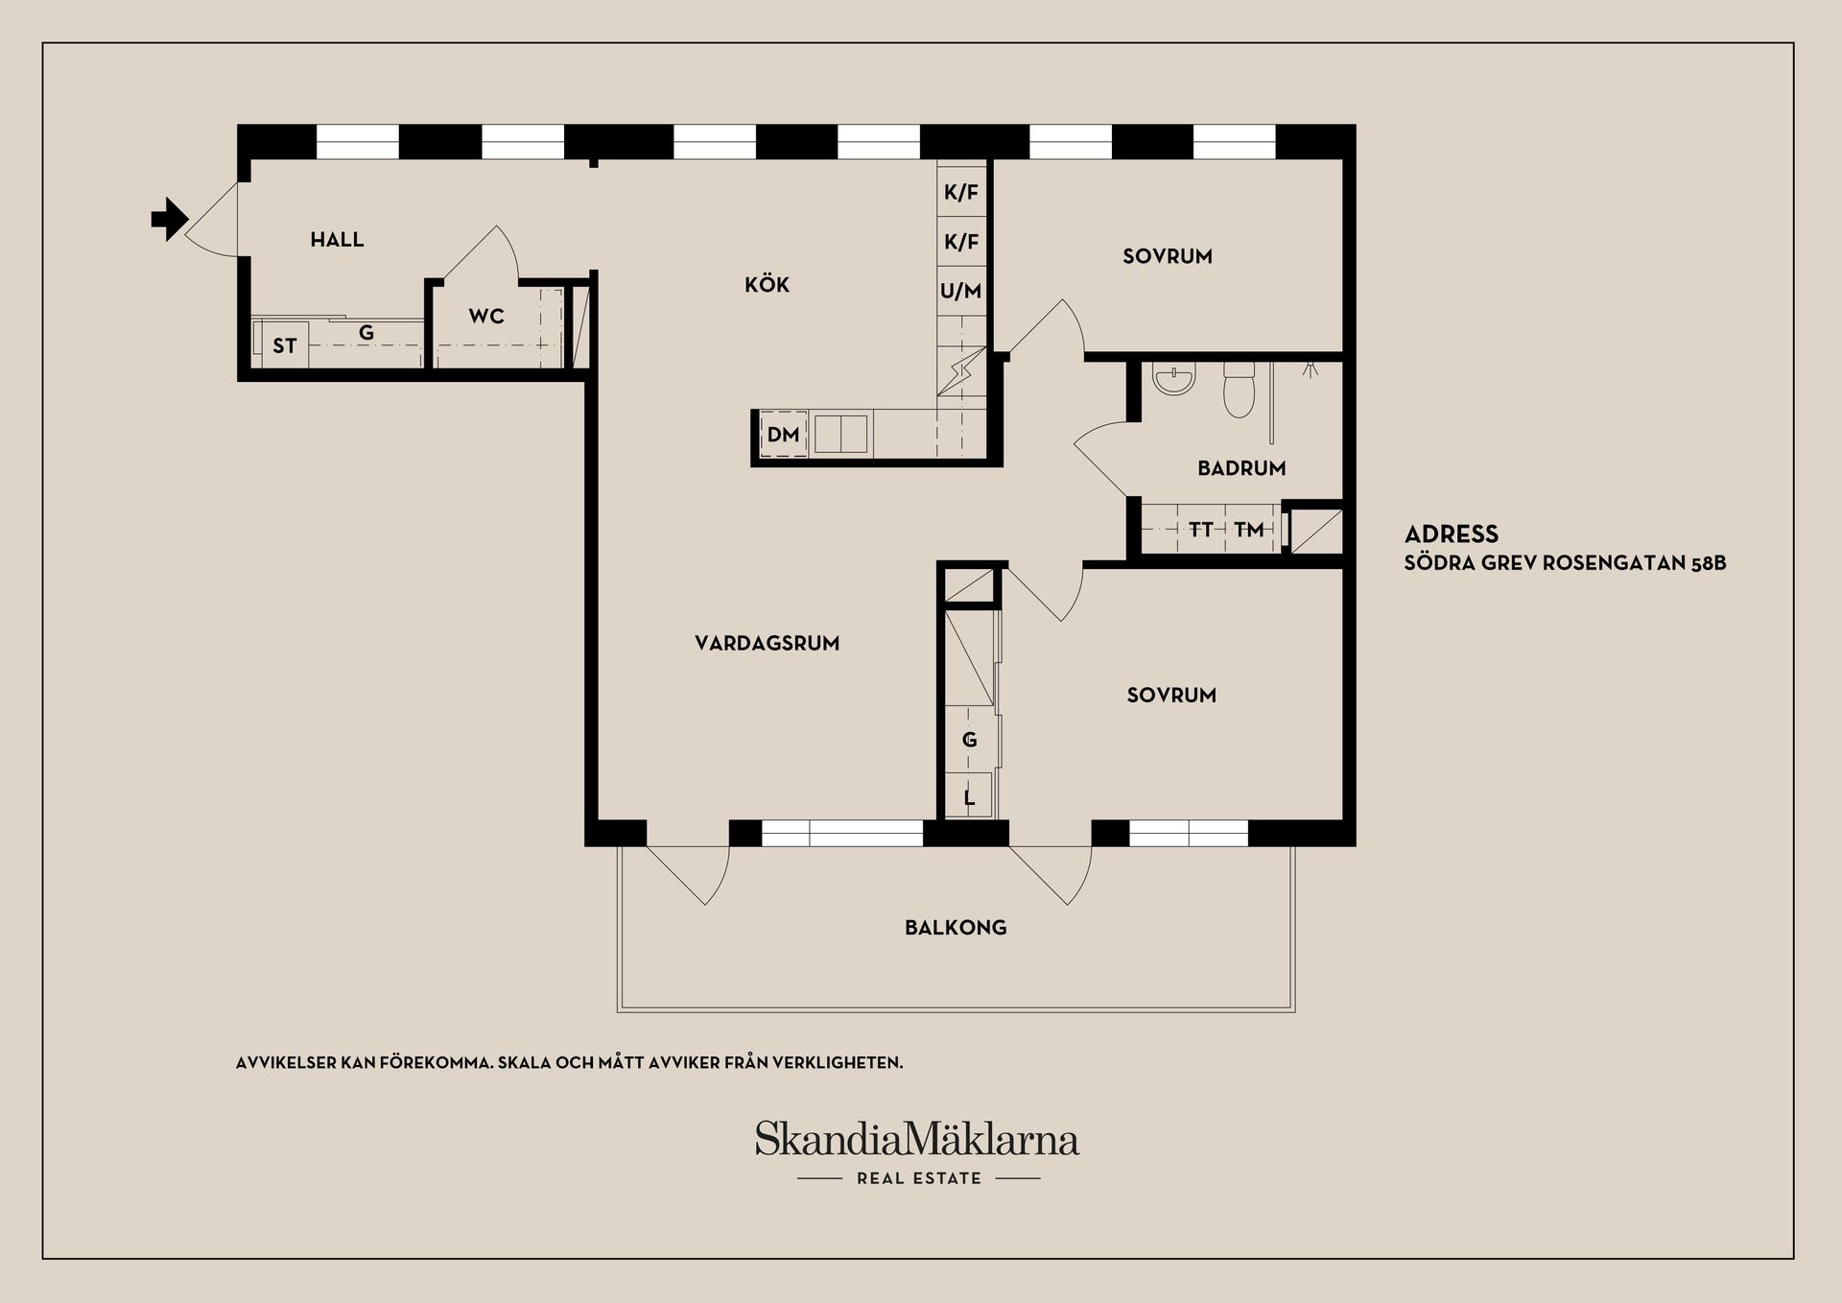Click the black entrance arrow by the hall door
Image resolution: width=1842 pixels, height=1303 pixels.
[169, 219]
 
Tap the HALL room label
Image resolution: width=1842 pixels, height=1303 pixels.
[337, 240]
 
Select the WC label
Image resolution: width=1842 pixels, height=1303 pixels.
[486, 317]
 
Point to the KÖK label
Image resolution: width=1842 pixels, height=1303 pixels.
[767, 285]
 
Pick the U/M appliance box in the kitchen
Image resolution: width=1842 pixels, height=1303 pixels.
[961, 291]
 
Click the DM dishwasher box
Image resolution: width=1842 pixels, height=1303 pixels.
[783, 435]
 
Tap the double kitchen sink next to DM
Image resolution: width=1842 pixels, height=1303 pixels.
[840, 434]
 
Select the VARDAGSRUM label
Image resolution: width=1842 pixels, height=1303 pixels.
[767, 644]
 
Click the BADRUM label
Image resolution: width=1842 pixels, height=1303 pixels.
[1241, 468]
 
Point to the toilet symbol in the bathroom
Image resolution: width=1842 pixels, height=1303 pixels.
[1239, 390]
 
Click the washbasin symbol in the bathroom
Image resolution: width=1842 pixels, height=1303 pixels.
[1175, 380]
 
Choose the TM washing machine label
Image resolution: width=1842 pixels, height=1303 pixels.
[1249, 530]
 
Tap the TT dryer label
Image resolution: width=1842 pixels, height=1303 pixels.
[1201, 530]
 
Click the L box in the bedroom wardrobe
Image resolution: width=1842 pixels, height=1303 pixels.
[969, 797]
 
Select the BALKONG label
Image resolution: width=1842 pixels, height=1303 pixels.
[956, 928]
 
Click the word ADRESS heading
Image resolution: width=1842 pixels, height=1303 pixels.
[1451, 534]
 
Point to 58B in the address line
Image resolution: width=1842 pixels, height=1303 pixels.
[1708, 563]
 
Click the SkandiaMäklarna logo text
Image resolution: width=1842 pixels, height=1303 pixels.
[916, 1139]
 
